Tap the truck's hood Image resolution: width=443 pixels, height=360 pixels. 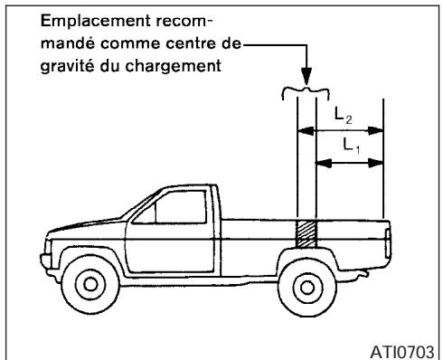click(x=90, y=223)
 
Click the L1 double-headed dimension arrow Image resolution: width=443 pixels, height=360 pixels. click(x=349, y=164)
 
